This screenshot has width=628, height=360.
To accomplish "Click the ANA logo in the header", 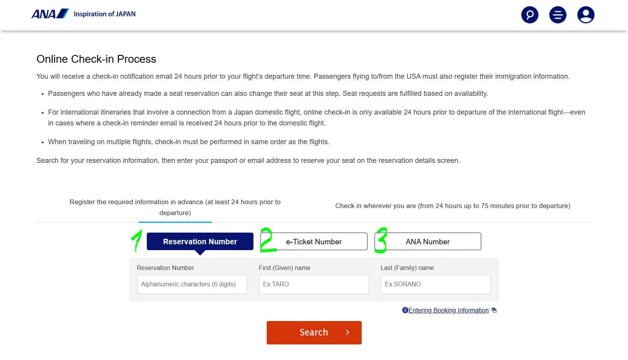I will (50, 14).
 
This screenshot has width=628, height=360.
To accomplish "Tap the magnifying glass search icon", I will (529, 15).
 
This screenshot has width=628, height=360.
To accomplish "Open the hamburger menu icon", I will (558, 15).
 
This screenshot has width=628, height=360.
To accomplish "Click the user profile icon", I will (586, 15).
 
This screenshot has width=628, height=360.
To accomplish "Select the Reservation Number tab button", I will (200, 242).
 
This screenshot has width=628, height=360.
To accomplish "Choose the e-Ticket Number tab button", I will (314, 242).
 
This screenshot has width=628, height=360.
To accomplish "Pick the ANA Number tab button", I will (427, 242).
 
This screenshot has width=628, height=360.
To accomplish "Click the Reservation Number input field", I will (192, 284).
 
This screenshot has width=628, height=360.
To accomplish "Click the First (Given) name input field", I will (314, 284).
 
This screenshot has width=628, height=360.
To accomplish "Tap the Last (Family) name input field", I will (436, 284).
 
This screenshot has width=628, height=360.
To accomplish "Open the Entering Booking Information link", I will (449, 311).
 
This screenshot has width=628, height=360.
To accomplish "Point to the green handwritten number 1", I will (136, 240).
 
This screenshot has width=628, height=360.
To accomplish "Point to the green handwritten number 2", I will (267, 240).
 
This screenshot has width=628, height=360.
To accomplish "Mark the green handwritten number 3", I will (382, 240).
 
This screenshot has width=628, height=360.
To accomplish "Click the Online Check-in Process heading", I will (96, 59).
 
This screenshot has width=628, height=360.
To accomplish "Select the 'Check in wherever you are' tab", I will (452, 206).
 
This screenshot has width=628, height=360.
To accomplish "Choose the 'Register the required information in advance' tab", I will (175, 207).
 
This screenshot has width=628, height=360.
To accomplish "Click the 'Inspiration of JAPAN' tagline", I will (105, 14).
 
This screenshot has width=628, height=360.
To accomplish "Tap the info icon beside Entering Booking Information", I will (405, 311).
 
